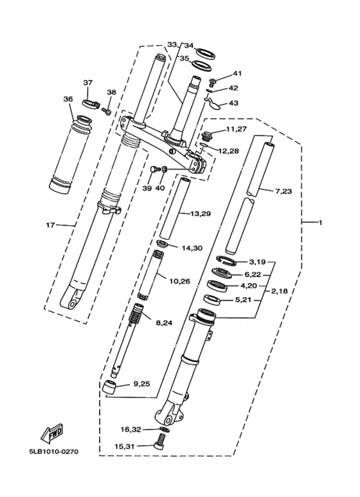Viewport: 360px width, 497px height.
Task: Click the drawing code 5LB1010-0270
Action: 53,451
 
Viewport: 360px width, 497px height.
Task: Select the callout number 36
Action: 68,99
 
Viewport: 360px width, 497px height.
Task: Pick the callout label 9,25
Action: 141,384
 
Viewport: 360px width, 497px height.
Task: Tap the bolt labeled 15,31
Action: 161,442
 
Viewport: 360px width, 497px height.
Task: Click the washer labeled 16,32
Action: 165,429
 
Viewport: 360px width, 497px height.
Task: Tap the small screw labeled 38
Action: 108,112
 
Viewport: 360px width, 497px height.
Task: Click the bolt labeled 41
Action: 212,81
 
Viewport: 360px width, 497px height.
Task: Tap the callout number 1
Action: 319,222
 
